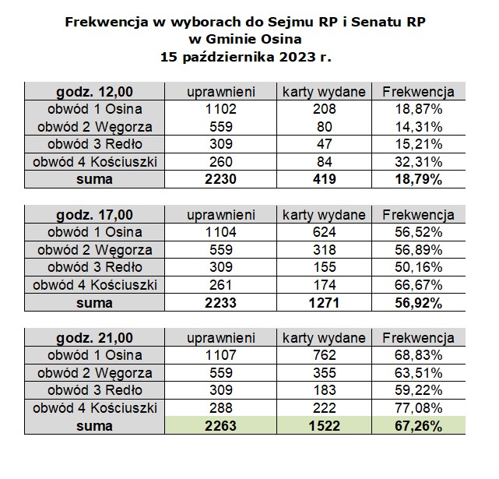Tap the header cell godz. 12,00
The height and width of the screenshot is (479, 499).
click(x=94, y=92)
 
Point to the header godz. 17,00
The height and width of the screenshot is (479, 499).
click(x=94, y=215)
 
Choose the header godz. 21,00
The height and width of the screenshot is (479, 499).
click(x=94, y=337)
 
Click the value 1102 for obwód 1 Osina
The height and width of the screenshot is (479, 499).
click(x=220, y=109)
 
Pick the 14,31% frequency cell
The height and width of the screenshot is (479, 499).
click(x=418, y=127)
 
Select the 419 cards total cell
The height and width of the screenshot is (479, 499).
click(x=324, y=179)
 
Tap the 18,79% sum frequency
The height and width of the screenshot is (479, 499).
click(x=418, y=179)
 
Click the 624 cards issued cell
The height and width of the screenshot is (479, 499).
click(x=324, y=232)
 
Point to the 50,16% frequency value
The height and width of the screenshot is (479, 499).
click(x=418, y=267)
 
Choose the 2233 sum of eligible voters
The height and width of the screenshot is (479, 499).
click(x=220, y=302)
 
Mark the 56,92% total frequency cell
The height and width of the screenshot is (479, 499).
click(x=418, y=303)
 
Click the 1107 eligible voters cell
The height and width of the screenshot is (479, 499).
click(x=220, y=355)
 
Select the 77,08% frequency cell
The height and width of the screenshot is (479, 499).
click(x=418, y=408)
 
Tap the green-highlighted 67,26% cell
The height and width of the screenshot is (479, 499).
click(x=418, y=426)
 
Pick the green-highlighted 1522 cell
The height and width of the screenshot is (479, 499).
click(x=324, y=425)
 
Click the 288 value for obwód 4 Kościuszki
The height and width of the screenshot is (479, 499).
click(x=220, y=407)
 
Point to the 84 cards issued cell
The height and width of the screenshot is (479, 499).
click(x=324, y=162)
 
